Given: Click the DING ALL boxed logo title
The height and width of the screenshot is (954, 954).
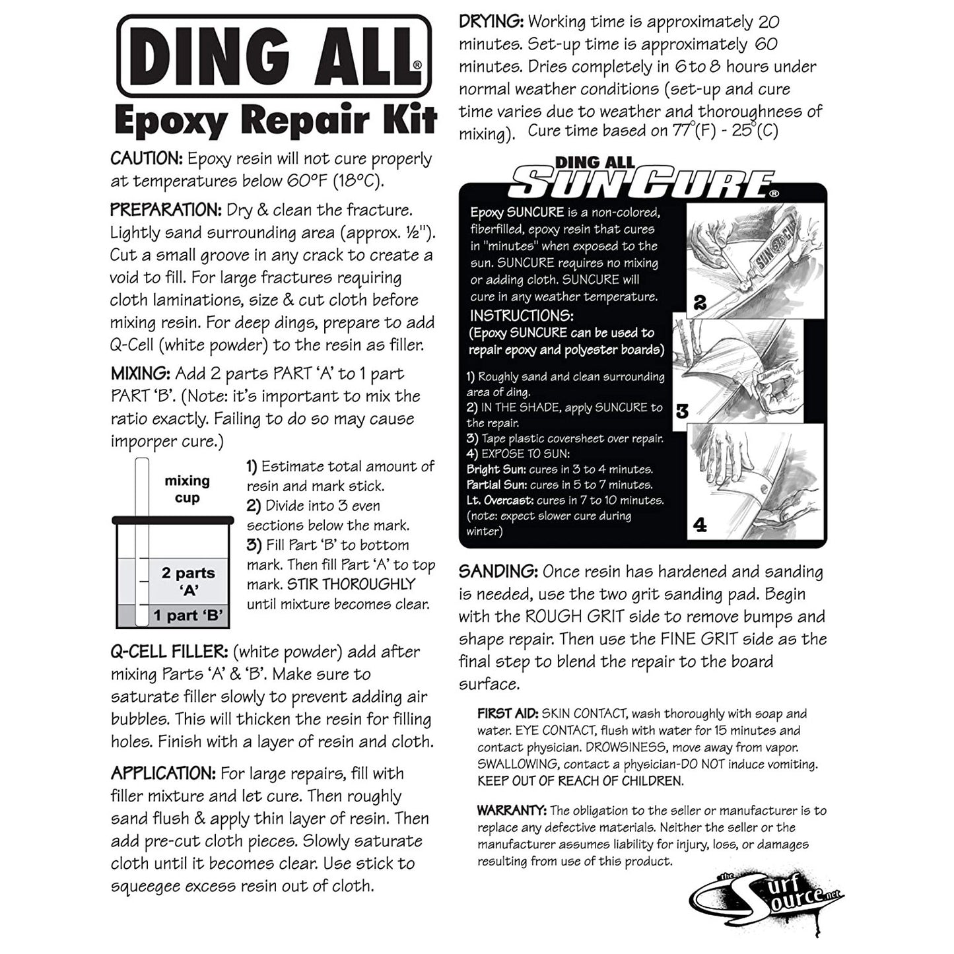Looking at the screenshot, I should tap(274, 56).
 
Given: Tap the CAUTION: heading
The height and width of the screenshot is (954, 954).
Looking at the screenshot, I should tap(147, 159).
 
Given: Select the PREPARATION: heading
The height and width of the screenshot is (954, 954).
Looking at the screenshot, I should tap(166, 211).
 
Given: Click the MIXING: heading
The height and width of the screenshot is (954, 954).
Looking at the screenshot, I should tap(141, 374).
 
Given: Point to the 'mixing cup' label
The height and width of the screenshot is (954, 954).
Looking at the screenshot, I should tap(187, 489).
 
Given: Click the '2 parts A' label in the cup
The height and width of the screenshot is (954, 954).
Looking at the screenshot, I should tap(188, 581).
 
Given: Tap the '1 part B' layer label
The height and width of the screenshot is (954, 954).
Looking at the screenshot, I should tap(187, 616).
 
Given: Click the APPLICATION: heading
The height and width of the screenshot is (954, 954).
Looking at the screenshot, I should tap(163, 774).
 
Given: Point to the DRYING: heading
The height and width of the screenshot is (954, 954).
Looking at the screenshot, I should tap(491, 22).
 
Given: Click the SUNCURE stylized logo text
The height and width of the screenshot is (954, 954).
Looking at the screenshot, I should tap(643, 184).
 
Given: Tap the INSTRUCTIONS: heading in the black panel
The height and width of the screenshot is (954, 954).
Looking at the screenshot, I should tap(522, 316).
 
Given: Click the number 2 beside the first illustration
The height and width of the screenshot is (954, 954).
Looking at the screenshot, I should tap(700, 302).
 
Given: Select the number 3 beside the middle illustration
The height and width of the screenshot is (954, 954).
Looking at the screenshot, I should tap(682, 411).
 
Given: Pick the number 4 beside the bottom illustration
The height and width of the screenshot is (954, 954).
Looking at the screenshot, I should tap(700, 525).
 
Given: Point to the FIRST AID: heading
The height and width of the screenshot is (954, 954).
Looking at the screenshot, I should tap(508, 714).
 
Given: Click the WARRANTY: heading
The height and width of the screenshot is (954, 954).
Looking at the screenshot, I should tap(512, 811).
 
